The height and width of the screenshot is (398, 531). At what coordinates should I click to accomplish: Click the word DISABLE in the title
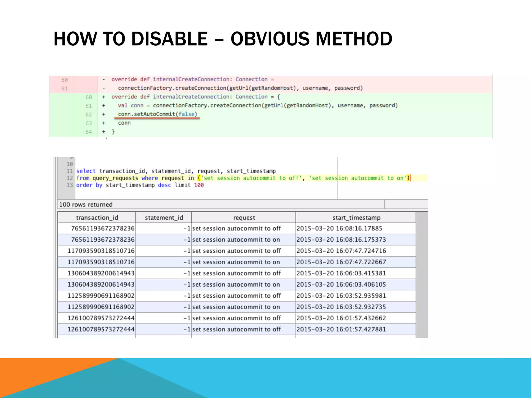pos(169,39)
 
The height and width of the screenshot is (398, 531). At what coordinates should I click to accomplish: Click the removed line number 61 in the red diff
pos(64,89)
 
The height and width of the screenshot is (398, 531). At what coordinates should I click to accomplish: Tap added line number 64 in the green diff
pos(89,132)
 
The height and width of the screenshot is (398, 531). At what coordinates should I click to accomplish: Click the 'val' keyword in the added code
pos(122,105)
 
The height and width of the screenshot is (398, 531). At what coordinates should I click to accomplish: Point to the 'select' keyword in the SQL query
pos(86,171)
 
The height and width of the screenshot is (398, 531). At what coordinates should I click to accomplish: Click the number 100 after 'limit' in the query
pos(199,185)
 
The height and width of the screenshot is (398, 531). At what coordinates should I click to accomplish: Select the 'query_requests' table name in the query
pos(115,178)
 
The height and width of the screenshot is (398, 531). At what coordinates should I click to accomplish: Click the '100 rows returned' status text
pos(86,204)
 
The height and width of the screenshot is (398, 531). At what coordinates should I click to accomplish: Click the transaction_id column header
pos(97,218)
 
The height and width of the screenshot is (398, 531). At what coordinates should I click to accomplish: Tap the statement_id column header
pos(164,218)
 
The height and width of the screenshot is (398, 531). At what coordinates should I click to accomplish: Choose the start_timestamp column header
pos(356,218)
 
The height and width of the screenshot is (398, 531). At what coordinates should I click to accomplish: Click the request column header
pos(244,218)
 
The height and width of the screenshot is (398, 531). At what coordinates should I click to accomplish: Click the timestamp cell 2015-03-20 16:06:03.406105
pos(341,285)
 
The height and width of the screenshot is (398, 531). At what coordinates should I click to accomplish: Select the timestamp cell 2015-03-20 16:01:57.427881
pos(341,329)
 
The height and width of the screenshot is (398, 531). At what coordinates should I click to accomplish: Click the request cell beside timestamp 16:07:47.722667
pos(236,262)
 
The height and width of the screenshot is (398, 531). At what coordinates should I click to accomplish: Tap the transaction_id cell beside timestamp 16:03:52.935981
pos(101,296)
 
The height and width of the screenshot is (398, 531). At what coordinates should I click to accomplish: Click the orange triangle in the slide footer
pos(39,373)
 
